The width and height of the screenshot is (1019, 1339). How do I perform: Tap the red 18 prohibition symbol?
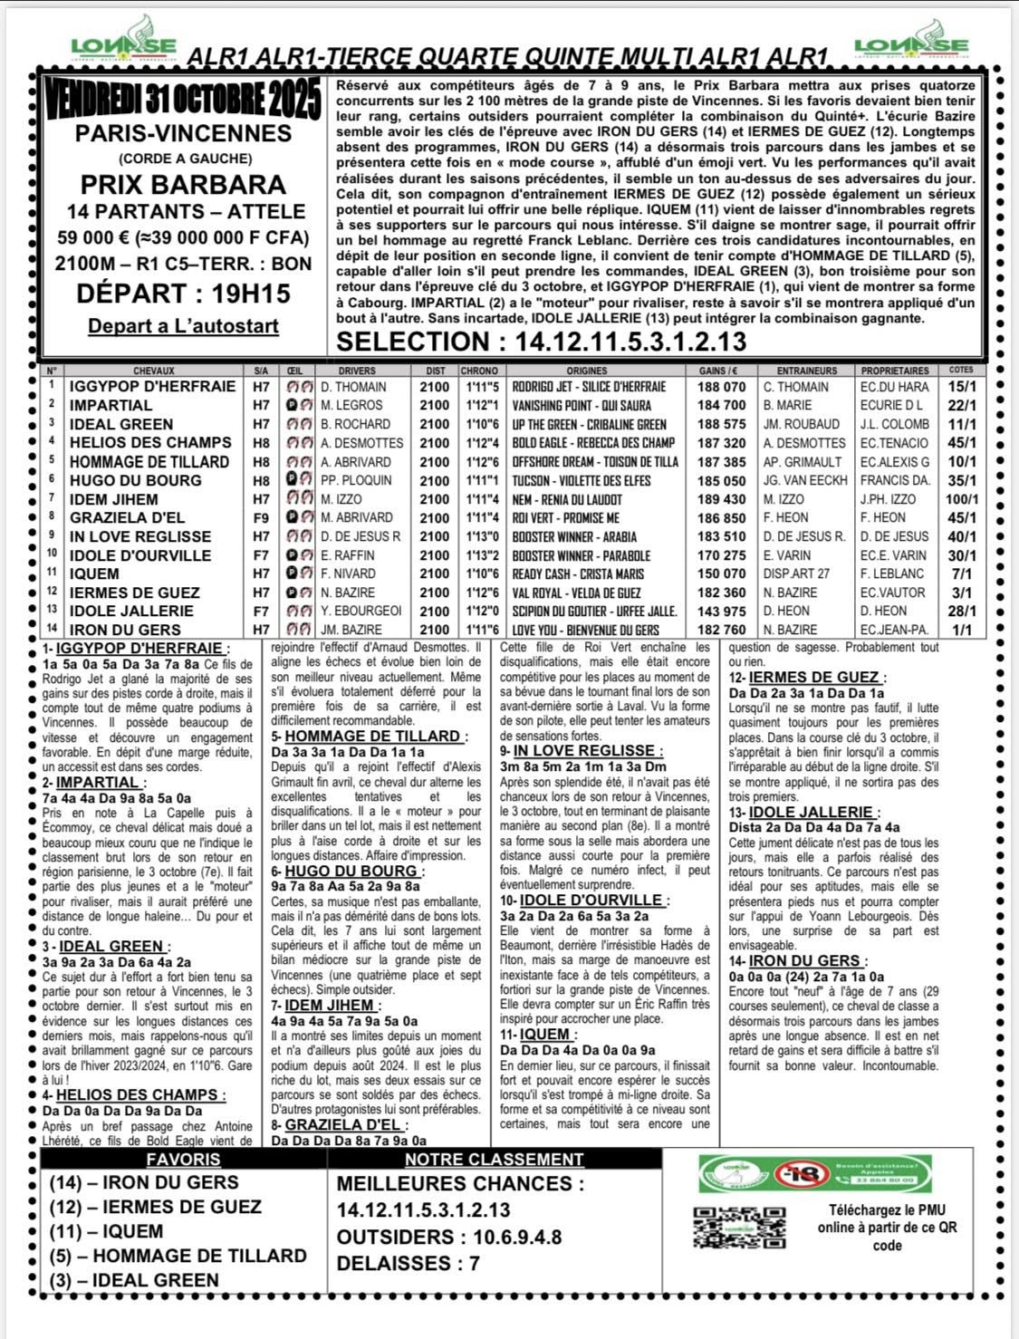coord(808,1175)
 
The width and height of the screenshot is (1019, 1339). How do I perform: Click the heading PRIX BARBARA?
coord(183,185)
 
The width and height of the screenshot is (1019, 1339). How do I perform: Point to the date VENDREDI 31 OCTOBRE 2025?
coord(183,100)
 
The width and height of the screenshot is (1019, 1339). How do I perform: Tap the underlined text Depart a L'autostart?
coord(183,325)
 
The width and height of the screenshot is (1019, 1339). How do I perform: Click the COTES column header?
coord(961,371)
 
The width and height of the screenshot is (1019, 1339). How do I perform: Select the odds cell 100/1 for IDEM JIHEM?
coord(961,499)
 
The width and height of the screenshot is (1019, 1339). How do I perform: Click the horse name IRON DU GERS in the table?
coord(125,630)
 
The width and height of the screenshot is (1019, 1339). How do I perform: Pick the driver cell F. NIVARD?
coord(353,573)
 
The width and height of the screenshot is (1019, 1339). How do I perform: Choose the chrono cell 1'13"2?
coord(479,555)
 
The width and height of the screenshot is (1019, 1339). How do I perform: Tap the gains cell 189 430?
coord(722,499)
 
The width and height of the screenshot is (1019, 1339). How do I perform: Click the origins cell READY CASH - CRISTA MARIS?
coord(578,573)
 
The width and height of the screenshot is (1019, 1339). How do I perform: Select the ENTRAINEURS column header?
coord(806,371)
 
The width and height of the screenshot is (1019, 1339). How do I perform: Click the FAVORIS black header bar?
coord(183,1160)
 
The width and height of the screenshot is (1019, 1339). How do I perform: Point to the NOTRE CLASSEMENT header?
coord(494,1160)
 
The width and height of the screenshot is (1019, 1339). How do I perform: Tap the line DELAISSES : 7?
coord(408,1263)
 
